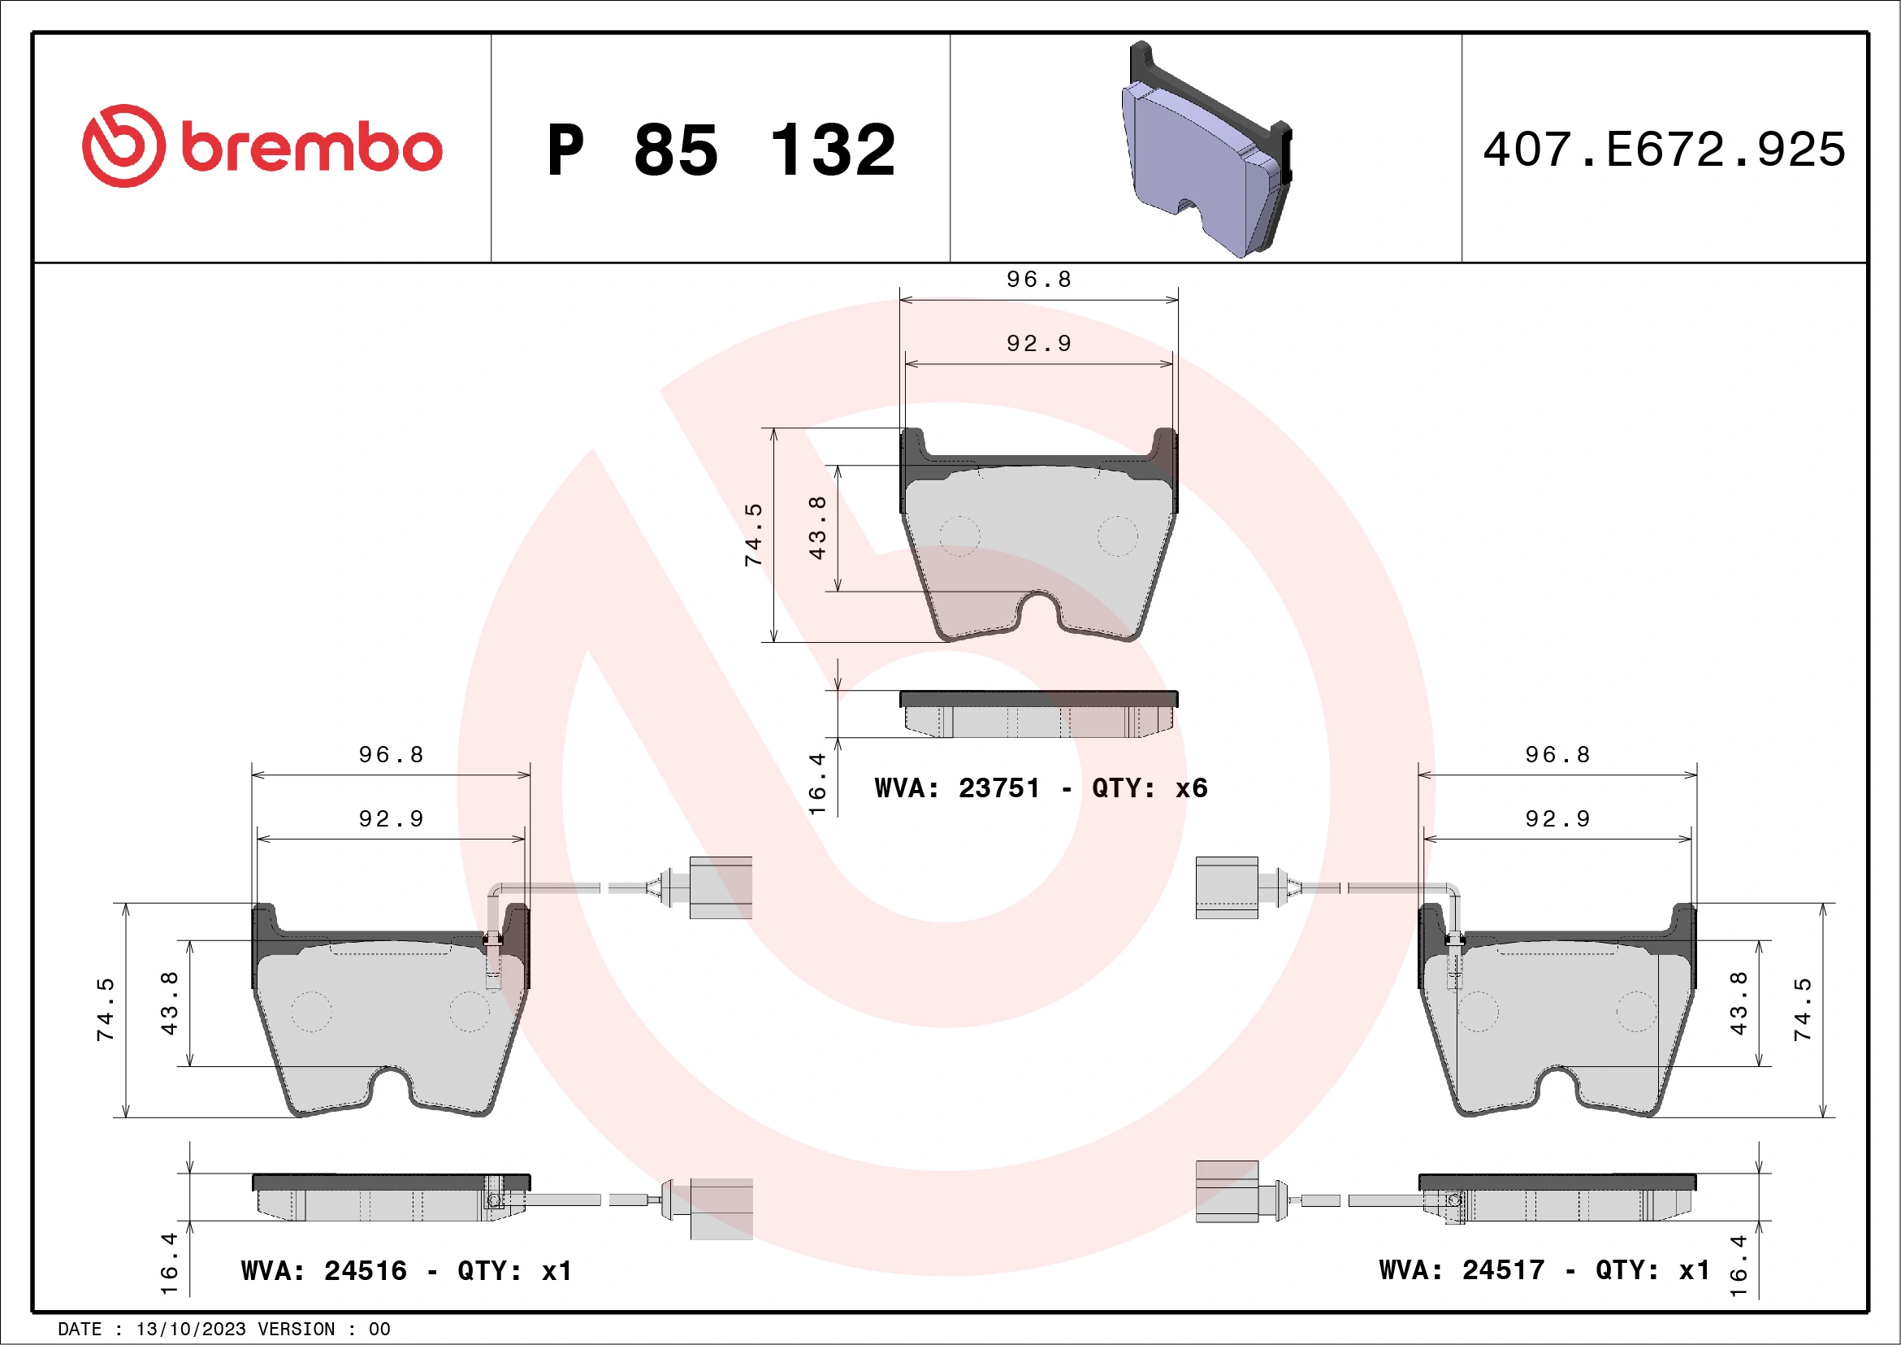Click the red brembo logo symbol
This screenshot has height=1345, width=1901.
click(x=123, y=145)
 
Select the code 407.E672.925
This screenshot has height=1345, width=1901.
click(x=1665, y=150)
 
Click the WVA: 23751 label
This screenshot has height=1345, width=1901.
click(x=956, y=787)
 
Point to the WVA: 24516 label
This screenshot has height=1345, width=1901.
click(x=323, y=1270)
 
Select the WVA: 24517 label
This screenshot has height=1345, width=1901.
click(x=1461, y=1269)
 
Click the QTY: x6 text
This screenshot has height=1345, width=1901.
click(x=1150, y=787)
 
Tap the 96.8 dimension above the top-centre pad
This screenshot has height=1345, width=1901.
click(x=1038, y=280)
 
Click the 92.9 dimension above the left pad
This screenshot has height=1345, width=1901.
click(x=391, y=819)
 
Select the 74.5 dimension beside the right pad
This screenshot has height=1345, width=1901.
click(x=1803, y=1009)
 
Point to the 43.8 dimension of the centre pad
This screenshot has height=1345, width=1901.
click(x=817, y=527)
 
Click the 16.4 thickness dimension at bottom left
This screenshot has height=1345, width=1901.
click(x=169, y=1262)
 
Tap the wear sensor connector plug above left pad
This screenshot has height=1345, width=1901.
click(x=720, y=887)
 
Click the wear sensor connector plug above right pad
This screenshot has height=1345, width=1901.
click(x=1226, y=887)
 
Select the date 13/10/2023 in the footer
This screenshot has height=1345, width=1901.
click(x=190, y=1329)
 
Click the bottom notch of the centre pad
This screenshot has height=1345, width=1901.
click(x=1038, y=611)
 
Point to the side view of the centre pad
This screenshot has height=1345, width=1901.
click(x=1038, y=714)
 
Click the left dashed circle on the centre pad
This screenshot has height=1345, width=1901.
click(x=959, y=536)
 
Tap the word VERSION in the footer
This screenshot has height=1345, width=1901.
click(x=296, y=1329)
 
